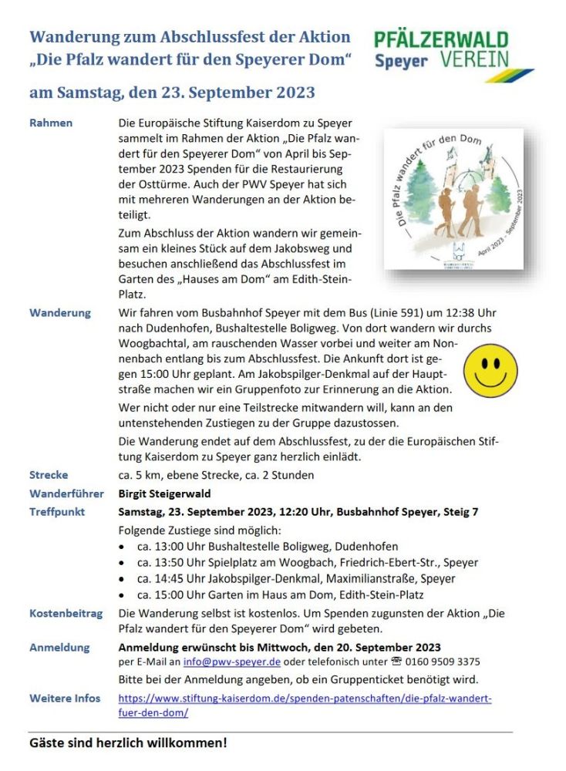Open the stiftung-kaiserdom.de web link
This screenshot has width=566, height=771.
[x=305, y=705]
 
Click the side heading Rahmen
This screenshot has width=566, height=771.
[x=51, y=123]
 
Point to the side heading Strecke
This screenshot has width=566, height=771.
[x=49, y=475]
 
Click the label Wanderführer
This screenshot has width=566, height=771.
[x=66, y=493]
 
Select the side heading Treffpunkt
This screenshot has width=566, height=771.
[x=57, y=512]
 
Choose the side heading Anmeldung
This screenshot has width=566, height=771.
[x=59, y=648]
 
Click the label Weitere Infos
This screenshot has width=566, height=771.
[x=65, y=699]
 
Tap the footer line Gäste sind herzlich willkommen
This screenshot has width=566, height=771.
[x=128, y=744]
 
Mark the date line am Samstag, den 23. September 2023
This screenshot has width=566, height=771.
[x=172, y=93]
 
